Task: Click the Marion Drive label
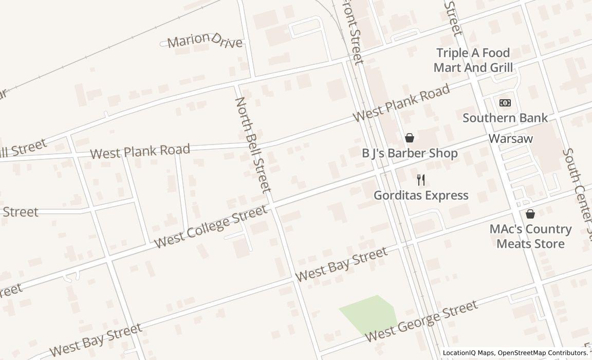pos(205,41)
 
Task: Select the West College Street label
pos(211,226)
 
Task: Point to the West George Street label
pos(421,322)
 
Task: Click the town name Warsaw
pos(510,139)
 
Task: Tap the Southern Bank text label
pos(505,118)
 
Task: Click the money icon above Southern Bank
pos(505,103)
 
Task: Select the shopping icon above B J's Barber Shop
pos(410,138)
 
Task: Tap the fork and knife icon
pos(421,180)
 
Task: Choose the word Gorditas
pos(398,195)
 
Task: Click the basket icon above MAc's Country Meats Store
pos(530,214)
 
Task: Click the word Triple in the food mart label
pos(452,53)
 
